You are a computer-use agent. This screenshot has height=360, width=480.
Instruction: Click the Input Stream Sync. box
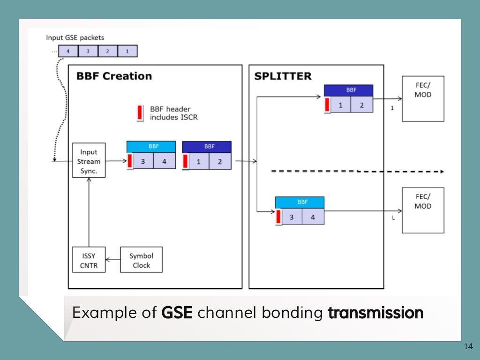(x=89, y=160)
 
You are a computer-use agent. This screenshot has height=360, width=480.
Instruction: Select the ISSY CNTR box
(x=89, y=260)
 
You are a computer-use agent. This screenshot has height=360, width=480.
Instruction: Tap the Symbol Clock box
(x=141, y=260)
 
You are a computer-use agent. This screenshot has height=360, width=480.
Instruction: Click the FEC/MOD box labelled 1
(x=423, y=99)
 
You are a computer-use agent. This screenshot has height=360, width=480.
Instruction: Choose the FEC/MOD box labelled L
(x=423, y=210)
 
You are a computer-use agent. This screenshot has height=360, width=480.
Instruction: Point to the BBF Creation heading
(x=114, y=76)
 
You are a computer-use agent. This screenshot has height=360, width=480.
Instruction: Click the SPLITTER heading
(x=283, y=76)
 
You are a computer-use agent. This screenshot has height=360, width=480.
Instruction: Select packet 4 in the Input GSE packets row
(x=68, y=51)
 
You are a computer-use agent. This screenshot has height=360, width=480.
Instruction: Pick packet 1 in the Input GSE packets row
(x=127, y=51)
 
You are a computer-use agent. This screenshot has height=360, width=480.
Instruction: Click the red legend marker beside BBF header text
(x=139, y=113)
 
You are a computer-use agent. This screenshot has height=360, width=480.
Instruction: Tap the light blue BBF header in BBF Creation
(x=151, y=146)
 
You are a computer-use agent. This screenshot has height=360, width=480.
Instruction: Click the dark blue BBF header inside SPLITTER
(x=348, y=90)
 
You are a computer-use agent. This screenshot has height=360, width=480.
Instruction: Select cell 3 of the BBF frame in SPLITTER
(x=292, y=217)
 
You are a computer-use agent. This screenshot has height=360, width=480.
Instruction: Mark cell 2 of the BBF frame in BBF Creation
(x=219, y=162)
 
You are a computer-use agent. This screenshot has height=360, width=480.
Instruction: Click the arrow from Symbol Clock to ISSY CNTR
(x=113, y=260)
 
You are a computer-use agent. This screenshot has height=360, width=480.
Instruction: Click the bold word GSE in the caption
(x=177, y=313)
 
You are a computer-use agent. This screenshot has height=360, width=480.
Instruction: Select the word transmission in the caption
(x=375, y=313)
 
